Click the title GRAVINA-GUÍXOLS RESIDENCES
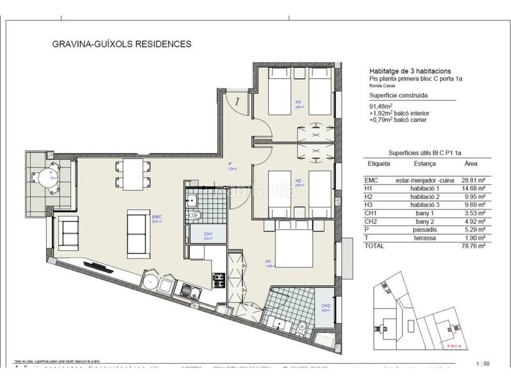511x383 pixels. point(121,45)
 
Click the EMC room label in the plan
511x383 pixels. point(155,218)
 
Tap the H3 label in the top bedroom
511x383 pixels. point(298,101)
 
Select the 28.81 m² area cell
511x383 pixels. point(473,181)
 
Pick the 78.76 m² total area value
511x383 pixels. point(473,245)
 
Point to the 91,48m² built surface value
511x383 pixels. point(381,106)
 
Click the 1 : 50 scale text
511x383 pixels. point(484,364)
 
